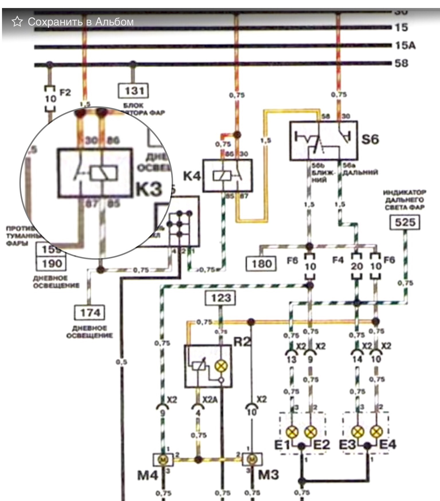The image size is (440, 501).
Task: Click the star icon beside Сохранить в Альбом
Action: click(x=17, y=22)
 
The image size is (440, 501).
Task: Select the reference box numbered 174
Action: click(x=90, y=313)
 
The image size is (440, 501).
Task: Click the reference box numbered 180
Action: click(x=261, y=264)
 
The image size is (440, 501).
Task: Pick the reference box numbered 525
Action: click(x=405, y=223)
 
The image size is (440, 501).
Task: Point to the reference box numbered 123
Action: click(x=221, y=298)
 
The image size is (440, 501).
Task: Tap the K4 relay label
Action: click(x=192, y=176)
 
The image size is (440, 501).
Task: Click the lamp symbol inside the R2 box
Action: click(x=221, y=366)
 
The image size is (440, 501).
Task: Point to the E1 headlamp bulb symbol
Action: click(x=292, y=432)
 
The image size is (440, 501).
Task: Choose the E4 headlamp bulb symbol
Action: click(x=376, y=432)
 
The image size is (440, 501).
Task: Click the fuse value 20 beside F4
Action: click(x=357, y=266)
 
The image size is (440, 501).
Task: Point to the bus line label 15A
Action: click(x=405, y=45)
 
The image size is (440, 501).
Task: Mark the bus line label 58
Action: click(x=401, y=63)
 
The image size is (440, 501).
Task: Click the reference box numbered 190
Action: click(x=51, y=263)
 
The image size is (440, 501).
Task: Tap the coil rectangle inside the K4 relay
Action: click(x=221, y=176)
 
